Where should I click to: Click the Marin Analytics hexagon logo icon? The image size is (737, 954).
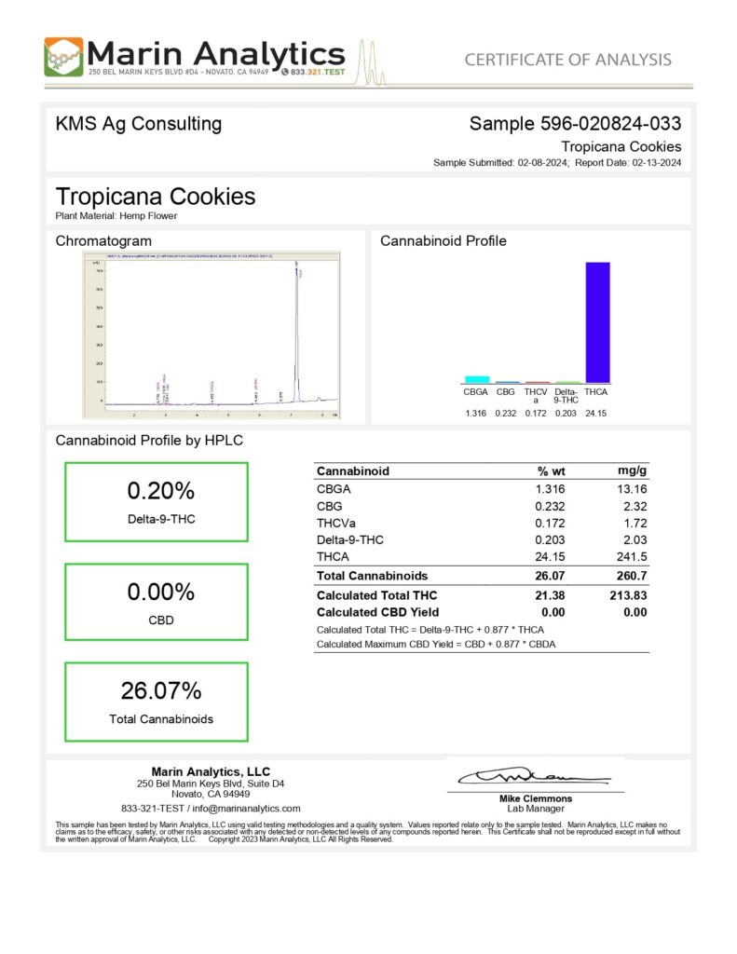tap(63, 57)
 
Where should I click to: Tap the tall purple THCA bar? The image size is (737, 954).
tap(596, 321)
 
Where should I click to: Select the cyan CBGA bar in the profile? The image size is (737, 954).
tap(477, 379)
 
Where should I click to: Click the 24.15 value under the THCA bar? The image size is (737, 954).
tap(596, 413)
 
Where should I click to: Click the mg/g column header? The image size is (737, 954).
tap(633, 470)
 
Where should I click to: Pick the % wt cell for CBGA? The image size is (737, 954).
tap(551, 488)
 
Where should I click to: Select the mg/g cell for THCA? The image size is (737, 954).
tap(633, 556)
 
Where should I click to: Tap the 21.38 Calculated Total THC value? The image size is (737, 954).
tap(550, 595)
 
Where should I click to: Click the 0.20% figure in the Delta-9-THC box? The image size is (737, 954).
tap(160, 491)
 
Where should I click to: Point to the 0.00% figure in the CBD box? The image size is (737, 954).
tap(160, 592)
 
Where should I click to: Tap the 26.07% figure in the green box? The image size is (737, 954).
tap(160, 691)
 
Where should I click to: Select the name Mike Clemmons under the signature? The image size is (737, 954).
tap(536, 798)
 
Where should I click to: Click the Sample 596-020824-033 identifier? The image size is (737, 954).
tap(575, 123)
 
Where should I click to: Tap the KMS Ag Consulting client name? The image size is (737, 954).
tap(139, 123)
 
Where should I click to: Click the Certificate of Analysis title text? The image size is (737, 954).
tap(567, 60)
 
